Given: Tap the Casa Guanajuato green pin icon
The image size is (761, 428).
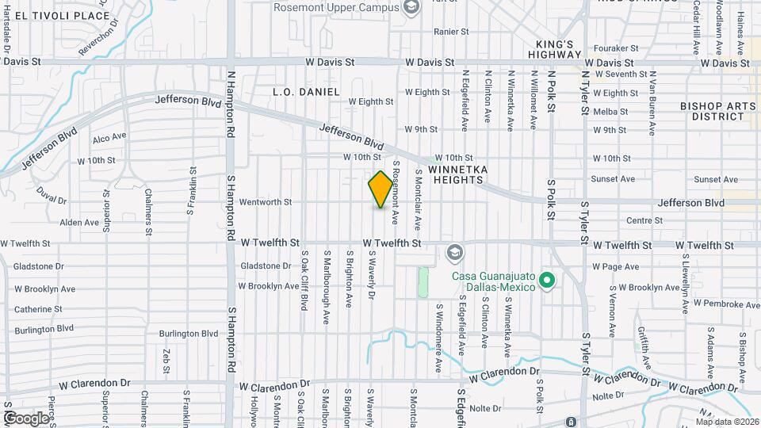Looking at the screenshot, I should (x=545, y=280).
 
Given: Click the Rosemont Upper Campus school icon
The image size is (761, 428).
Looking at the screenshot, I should (x=411, y=7).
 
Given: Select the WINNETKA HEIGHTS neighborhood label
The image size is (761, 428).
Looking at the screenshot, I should (x=455, y=174).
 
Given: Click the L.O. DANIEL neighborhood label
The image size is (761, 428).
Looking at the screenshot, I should (x=306, y=92).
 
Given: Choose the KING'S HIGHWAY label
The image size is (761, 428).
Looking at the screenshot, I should (x=555, y=49).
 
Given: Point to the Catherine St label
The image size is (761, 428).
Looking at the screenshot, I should (x=38, y=309).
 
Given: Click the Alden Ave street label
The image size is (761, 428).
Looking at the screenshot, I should (x=79, y=223).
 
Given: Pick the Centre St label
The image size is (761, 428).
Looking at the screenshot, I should (x=644, y=220).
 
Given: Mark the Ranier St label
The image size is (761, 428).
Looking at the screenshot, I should (x=451, y=32).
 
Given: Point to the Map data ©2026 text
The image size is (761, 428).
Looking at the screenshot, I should (x=727, y=422).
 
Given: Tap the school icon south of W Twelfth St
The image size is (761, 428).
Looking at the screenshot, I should (x=455, y=253).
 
